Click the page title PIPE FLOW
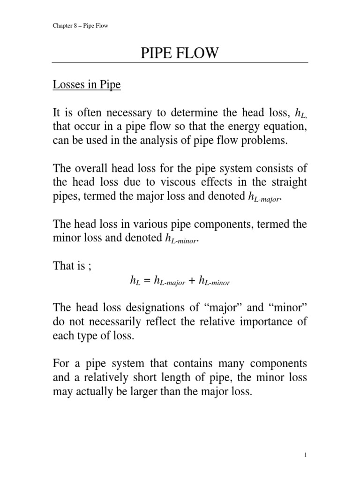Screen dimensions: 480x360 (x=180, y=53)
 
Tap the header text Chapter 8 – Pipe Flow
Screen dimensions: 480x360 (x=80, y=25)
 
